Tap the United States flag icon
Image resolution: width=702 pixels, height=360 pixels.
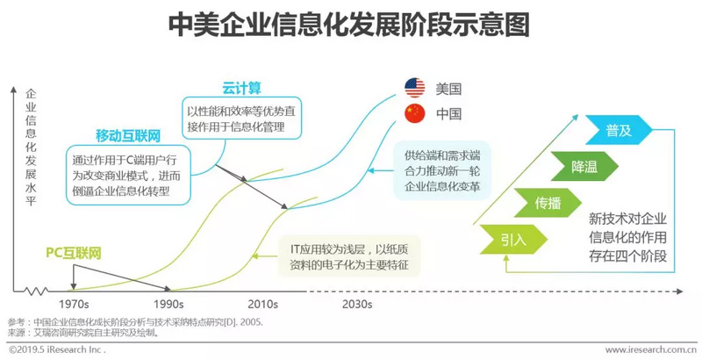(x=415, y=88)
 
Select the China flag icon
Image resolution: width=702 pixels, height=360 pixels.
(x=415, y=113)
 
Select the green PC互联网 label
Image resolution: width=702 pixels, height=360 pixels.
(x=74, y=254)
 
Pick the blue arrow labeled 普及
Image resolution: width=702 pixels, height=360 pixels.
(x=620, y=129)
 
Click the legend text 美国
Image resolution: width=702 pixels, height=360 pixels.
(x=448, y=89)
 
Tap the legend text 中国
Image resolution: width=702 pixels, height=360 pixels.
(x=448, y=114)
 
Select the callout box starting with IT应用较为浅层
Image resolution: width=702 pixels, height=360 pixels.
(x=350, y=256)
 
